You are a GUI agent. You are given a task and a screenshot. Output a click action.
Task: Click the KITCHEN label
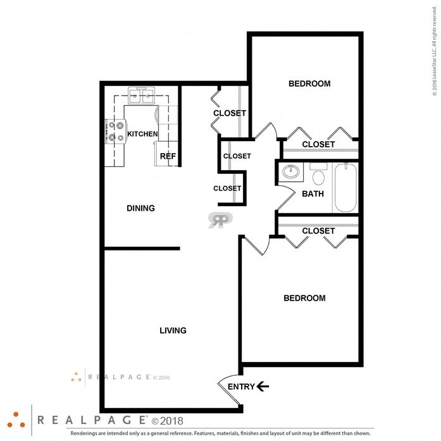click(142, 134)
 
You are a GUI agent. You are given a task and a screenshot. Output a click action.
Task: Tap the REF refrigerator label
click(167, 156)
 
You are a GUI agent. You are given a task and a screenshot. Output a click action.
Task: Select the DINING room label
click(140, 208)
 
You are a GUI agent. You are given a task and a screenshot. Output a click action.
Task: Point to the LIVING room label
click(173, 330)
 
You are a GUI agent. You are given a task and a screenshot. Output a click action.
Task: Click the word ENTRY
click(240, 387)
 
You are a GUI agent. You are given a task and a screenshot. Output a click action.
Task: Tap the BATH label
click(313, 194)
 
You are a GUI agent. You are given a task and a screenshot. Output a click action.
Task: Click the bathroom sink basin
click(292, 171)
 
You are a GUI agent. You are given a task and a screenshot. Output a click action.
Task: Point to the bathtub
click(345, 188)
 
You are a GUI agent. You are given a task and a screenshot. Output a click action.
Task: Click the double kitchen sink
click(142, 97)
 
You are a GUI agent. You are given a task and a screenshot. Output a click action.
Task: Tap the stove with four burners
click(115, 132)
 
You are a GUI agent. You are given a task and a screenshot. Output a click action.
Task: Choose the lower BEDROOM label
click(304, 298)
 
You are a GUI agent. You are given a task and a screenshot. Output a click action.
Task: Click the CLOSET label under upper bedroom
click(318, 144)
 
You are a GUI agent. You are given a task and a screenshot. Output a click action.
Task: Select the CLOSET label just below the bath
click(318, 231)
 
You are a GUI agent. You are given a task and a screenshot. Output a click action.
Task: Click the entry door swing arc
click(223, 387)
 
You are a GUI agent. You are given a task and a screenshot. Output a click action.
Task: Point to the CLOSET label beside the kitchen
click(229, 113)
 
